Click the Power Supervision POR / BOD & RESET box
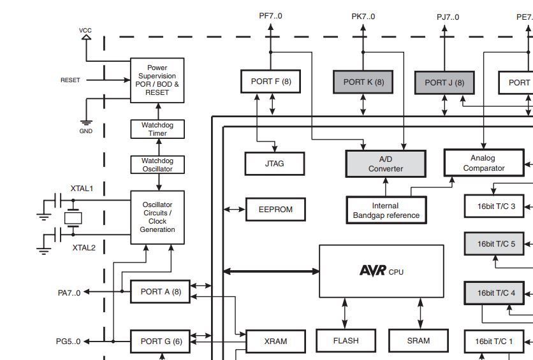(157, 80)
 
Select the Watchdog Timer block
(157, 129)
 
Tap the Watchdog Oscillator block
(157, 165)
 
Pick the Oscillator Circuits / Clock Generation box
(157, 217)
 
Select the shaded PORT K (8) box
(363, 82)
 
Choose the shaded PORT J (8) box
(444, 83)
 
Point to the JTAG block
(274, 164)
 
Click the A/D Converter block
(385, 164)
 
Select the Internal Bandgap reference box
(386, 210)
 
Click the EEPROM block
(275, 209)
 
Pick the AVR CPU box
(381, 271)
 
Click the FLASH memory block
(346, 341)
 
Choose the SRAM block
(418, 341)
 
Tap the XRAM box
(275, 342)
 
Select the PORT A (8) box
(161, 292)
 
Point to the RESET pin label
(70, 80)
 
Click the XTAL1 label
(82, 189)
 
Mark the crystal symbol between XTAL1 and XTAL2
(74, 218)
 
